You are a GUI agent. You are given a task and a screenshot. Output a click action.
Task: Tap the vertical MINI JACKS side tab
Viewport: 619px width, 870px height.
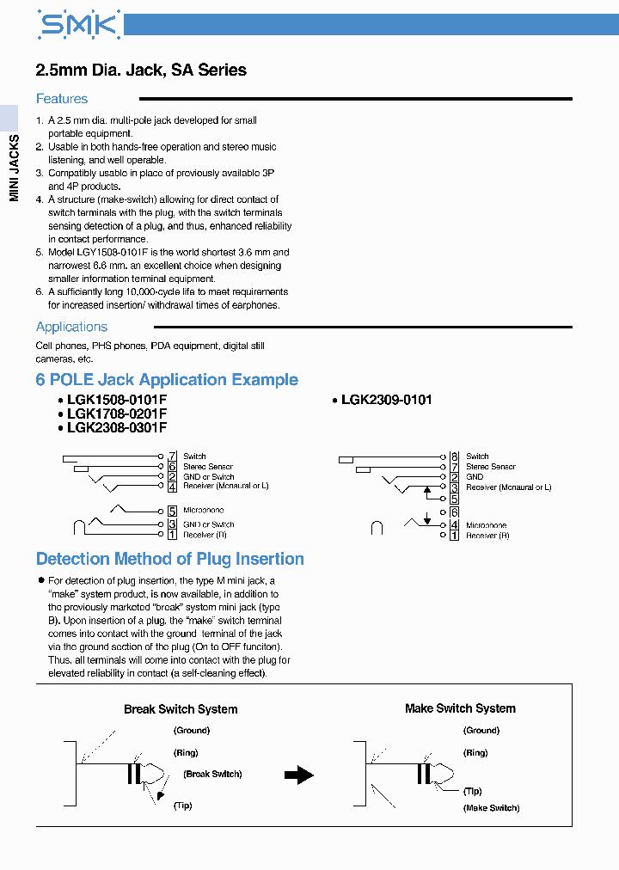tap(14, 168)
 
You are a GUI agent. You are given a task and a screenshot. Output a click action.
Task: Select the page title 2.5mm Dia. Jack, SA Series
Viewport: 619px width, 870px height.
tap(141, 70)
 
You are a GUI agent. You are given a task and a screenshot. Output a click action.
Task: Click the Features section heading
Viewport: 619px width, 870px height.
tap(62, 99)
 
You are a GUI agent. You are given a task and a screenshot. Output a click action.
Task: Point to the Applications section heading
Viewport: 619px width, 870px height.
tap(71, 327)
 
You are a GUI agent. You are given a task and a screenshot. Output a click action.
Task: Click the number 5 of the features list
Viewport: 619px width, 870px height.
tap(40, 253)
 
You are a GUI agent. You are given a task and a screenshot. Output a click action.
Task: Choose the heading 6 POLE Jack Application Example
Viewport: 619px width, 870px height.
tap(167, 380)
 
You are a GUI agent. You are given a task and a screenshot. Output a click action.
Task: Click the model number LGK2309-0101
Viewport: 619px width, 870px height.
tap(386, 400)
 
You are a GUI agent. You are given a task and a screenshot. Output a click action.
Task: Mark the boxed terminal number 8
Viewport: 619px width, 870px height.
tap(454, 456)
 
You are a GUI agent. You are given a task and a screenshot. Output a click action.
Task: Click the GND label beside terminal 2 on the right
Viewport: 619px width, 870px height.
tap(475, 477)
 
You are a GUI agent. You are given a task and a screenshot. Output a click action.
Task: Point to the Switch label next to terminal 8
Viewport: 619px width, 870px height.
tap(477, 456)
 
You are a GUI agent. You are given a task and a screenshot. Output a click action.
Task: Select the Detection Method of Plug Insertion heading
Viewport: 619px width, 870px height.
tap(170, 559)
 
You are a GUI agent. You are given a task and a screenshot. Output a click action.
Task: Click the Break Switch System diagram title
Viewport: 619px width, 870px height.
tap(181, 709)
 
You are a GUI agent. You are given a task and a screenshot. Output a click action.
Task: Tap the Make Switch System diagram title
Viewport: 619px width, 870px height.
tap(460, 708)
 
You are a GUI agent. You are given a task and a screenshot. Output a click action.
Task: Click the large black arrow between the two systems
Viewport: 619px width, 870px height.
tap(299, 775)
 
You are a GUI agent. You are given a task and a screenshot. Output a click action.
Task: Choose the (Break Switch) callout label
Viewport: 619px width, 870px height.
tap(212, 774)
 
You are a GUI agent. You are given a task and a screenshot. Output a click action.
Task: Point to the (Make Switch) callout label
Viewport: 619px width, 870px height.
tap(492, 808)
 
